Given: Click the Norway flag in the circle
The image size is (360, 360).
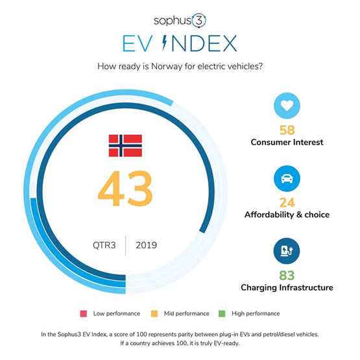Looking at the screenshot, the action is tap(125, 145).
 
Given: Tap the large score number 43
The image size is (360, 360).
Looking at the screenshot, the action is tap(125, 189).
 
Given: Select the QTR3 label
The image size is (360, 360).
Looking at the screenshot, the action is tap(104, 245).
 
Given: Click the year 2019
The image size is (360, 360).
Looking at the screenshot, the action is tap(146, 245).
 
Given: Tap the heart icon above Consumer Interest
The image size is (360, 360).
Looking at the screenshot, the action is tap(287, 106).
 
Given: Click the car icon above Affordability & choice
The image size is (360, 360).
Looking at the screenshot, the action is tap(287, 178).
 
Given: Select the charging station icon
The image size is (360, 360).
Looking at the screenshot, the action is tap(287, 251).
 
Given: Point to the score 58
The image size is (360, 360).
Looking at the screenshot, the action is tap(287, 130).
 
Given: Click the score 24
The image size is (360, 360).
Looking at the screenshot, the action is tap(287, 202).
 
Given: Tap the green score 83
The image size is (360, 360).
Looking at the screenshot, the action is tap(287, 275).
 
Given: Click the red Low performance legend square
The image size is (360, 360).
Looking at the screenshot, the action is tap(84, 314).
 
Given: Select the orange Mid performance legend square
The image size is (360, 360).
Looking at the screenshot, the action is tap(154, 314).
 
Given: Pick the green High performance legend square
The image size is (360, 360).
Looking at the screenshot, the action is tap(222, 314).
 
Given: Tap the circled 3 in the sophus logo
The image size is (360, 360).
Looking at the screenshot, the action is tap(199, 21).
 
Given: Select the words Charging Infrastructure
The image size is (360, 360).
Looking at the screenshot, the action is tap(287, 287).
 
